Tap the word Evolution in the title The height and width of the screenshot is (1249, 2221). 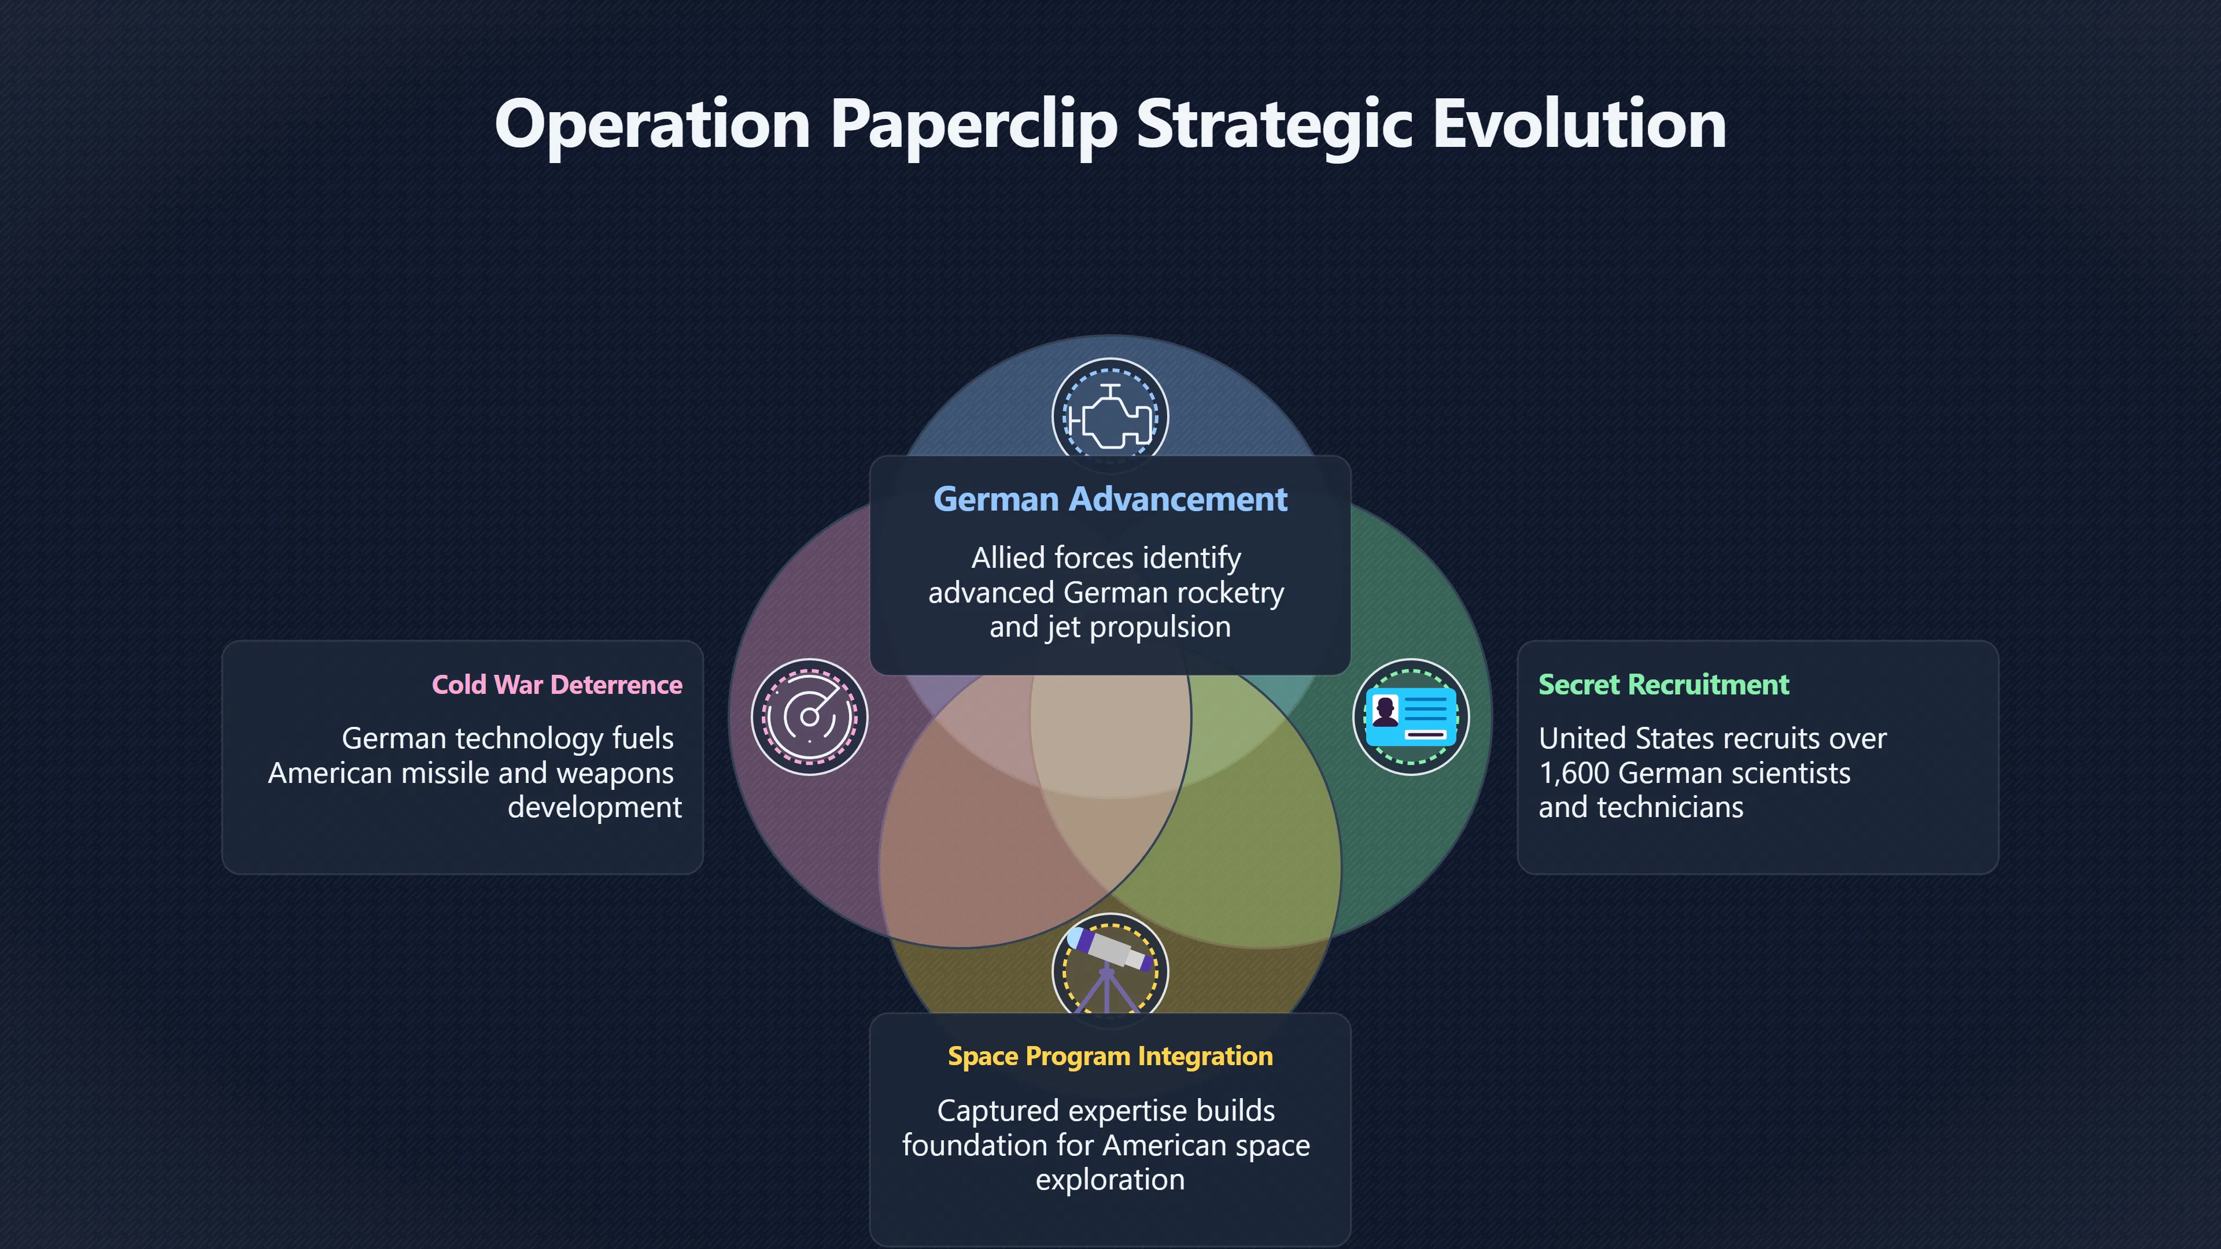tap(1580, 124)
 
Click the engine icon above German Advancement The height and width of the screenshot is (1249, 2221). tap(1110, 416)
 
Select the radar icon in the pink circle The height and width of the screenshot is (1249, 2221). tap(810, 717)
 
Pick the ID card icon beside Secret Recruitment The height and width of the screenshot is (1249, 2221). tap(1411, 717)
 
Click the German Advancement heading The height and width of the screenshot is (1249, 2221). tap(1110, 499)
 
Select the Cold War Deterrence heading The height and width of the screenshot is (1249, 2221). tap(557, 685)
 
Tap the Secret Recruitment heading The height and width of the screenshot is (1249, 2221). tap(1664, 685)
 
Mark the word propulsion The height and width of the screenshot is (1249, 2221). tap(1160, 627)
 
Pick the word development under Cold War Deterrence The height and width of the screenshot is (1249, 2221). tap(595, 808)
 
